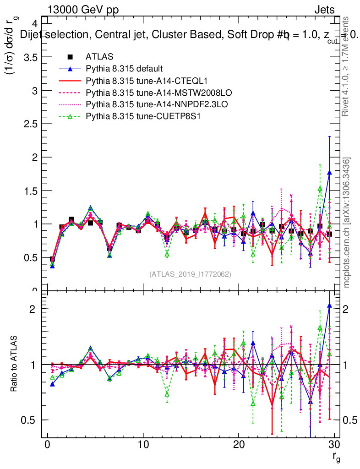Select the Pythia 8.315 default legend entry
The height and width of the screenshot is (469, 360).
124,69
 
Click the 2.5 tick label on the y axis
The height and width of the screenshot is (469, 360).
30,124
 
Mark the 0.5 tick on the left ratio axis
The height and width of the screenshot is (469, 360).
31,420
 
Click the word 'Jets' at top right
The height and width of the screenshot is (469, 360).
324,10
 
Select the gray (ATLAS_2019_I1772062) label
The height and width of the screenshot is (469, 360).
190,274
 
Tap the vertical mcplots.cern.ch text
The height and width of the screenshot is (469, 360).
347,223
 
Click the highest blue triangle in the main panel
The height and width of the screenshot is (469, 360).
329,173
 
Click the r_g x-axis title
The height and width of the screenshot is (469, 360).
336,457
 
